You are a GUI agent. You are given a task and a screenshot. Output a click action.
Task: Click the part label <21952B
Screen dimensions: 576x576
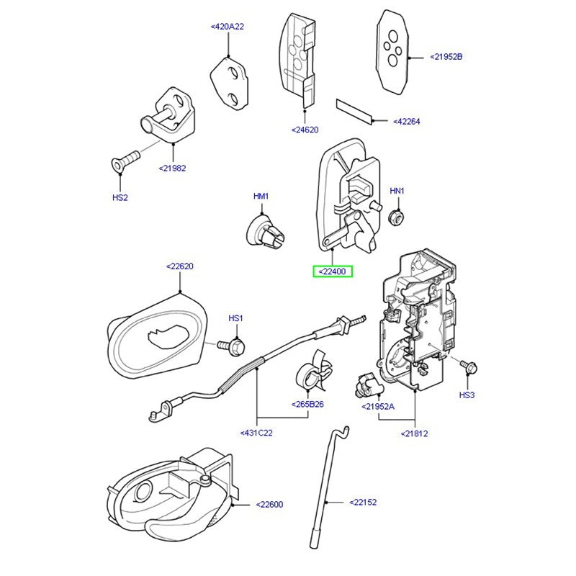point(446,55)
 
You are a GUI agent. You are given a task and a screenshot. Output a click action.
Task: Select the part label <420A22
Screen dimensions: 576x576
point(228,27)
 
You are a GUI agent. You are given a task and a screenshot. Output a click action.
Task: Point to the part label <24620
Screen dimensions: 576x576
point(305,130)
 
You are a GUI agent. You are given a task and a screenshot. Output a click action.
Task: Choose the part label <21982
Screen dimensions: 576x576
point(172,168)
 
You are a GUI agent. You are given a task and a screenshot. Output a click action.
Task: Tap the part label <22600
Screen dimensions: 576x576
point(269,505)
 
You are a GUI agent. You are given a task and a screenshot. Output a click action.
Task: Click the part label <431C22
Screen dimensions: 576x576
point(256,433)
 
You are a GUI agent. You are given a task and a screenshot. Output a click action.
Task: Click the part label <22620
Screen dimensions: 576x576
point(180,266)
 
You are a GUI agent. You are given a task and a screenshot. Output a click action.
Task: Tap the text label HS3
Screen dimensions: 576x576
point(467,395)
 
